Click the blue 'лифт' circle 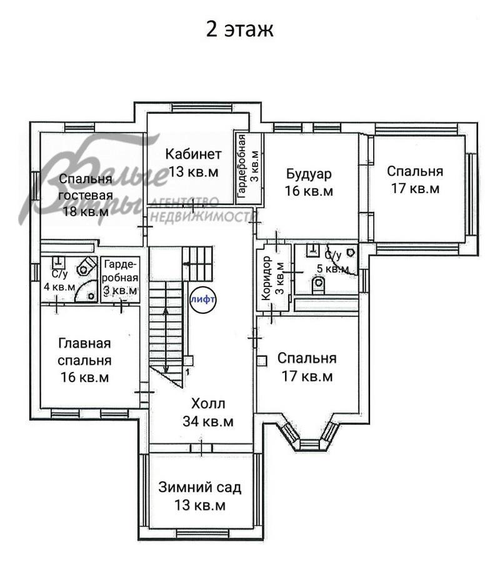click(x=203, y=299)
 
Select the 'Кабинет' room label click(x=193, y=154)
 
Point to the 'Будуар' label click(x=309, y=174)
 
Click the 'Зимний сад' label click(x=199, y=488)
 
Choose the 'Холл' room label click(x=208, y=404)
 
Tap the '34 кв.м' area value click(x=208, y=421)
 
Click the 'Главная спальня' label click(x=84, y=353)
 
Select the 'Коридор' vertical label click(x=266, y=278)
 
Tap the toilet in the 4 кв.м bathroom click(x=87, y=266)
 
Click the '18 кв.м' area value click(x=86, y=211)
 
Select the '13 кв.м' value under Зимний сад click(x=199, y=505)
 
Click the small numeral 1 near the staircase click(x=187, y=373)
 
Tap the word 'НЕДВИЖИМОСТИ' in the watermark click(x=204, y=217)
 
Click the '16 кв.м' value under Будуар click(x=309, y=191)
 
